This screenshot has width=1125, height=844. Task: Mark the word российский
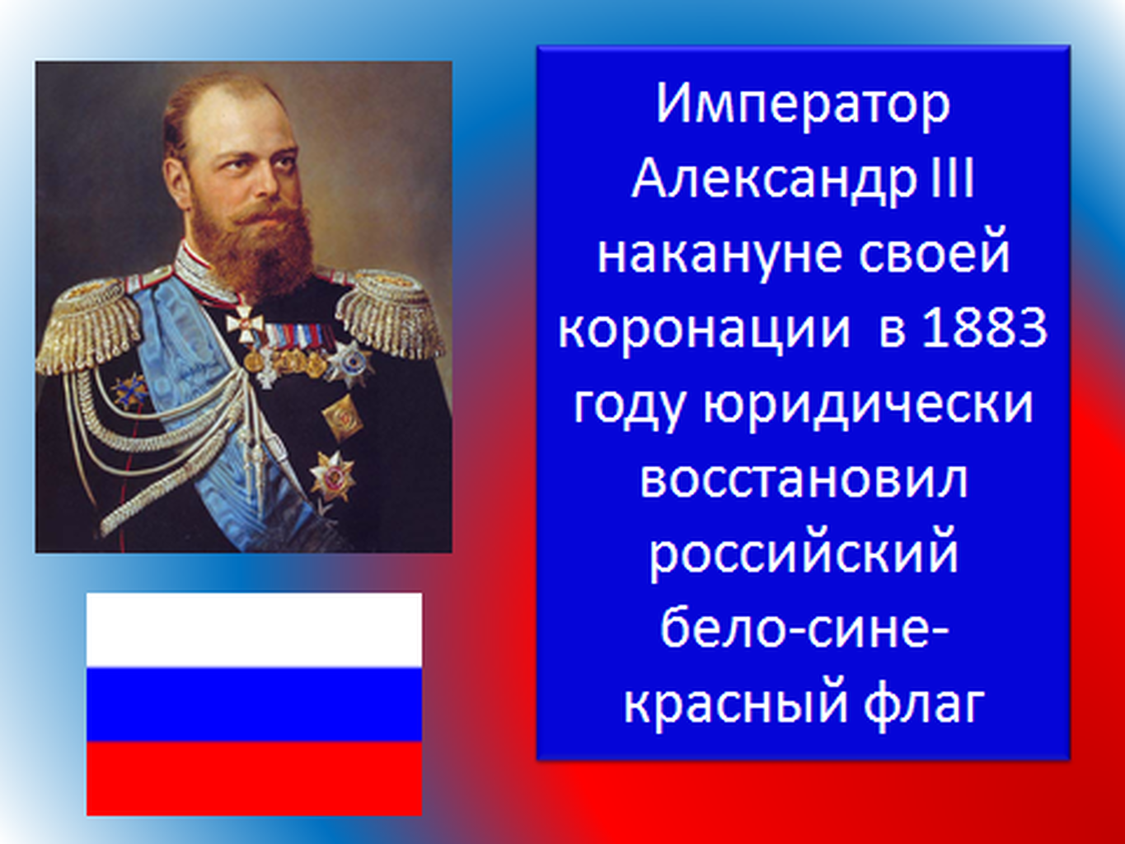pyautogui.click(x=804, y=556)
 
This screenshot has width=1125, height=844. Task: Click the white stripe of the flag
pyautogui.click(x=254, y=631)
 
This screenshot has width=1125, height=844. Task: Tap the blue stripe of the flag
pyautogui.click(x=254, y=705)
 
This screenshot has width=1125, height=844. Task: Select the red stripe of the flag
pyautogui.click(x=254, y=778)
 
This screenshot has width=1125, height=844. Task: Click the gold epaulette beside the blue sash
pyautogui.click(x=87, y=326)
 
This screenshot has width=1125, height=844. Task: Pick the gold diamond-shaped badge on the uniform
pyautogui.click(x=342, y=417)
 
